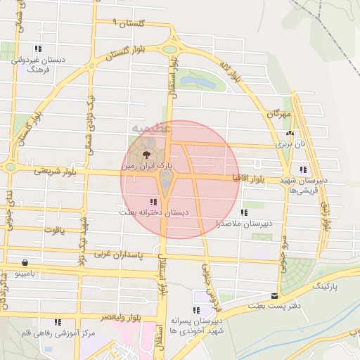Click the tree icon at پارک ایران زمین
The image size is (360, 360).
click(146, 154)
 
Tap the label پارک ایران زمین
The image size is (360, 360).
click(146, 167)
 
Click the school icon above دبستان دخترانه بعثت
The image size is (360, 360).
click(153, 202)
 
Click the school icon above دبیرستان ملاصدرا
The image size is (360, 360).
click(244, 212)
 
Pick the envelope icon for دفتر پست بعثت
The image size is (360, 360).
click(275, 296)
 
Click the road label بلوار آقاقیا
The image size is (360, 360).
click(256, 179)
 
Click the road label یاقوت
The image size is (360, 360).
click(54, 229)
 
